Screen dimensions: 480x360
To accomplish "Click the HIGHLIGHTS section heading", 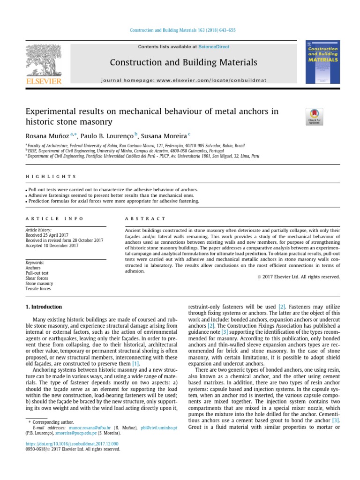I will click(51, 177).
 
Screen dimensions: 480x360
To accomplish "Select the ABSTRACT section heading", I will click(145, 218).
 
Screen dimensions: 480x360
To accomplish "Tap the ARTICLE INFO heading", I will click(54, 218).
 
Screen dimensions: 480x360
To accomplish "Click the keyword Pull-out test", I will click(38, 273).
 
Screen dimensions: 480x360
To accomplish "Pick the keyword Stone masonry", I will click(39, 284).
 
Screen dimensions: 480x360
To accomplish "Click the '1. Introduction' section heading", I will click(43, 307).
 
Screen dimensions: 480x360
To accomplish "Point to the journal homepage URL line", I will click(183, 80).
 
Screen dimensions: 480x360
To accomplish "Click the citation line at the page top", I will click(182, 30).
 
